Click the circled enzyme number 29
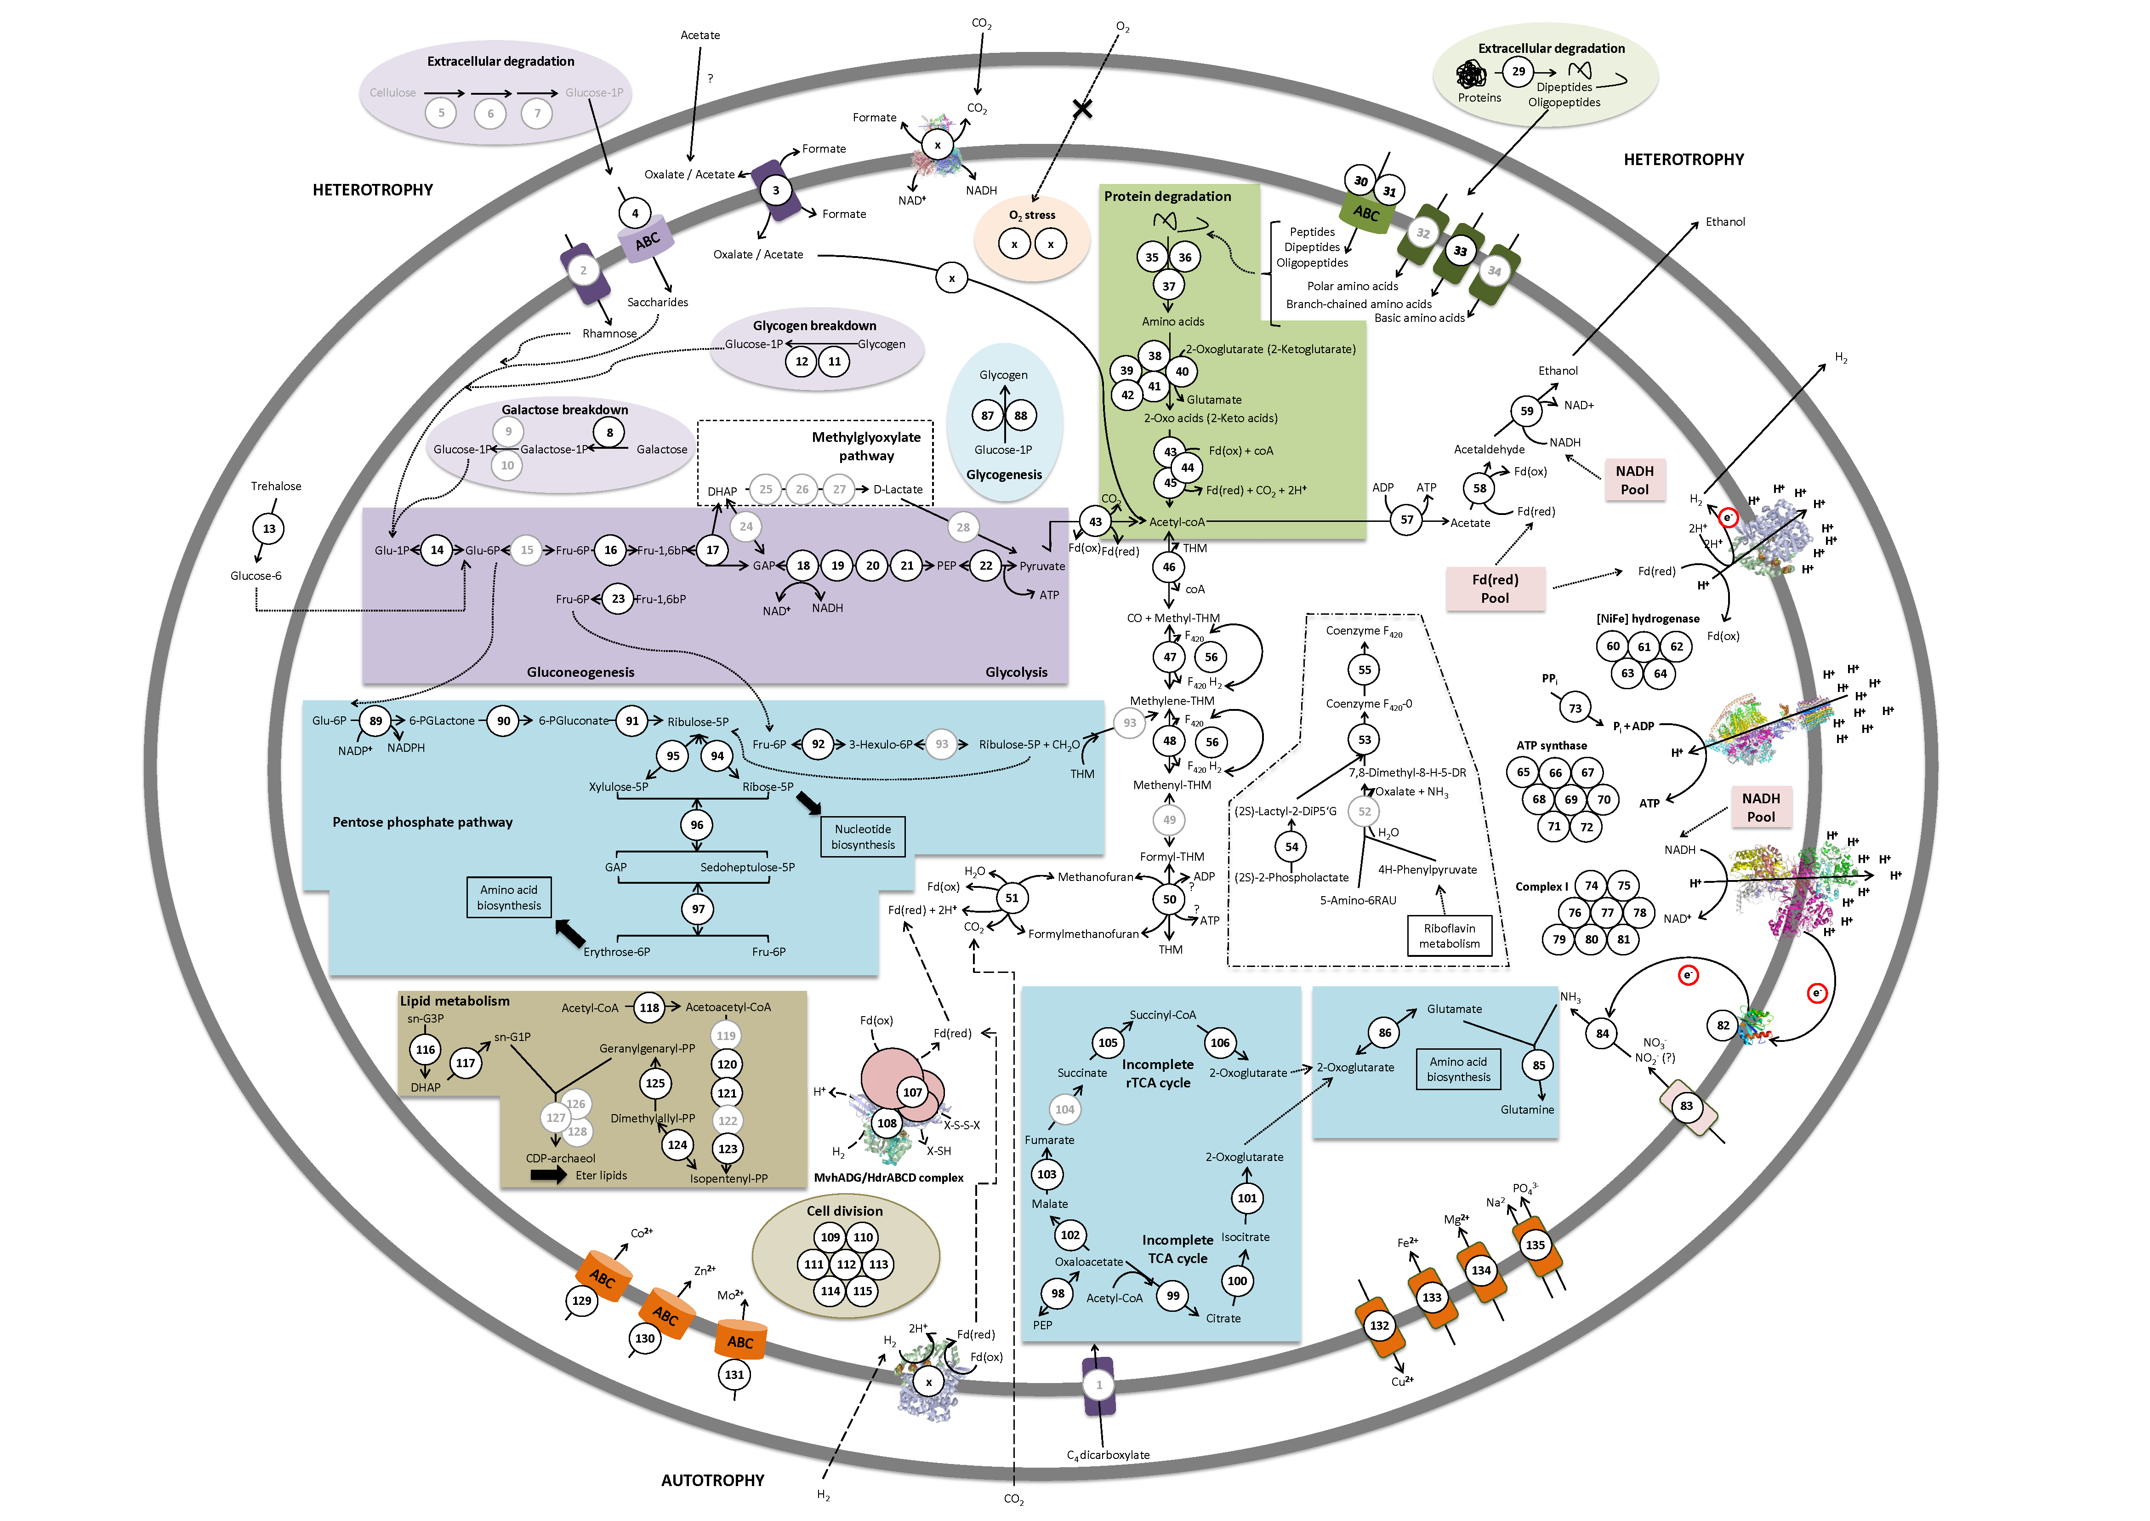[x=1518, y=71]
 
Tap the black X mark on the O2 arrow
[x=1082, y=109]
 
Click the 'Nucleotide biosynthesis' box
[x=862, y=836]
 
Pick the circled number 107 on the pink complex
[x=912, y=1092]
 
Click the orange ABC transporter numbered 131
[x=741, y=1341]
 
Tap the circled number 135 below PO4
[x=1535, y=1245]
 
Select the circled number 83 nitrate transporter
[x=1686, y=1106]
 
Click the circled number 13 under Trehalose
[x=269, y=529]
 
